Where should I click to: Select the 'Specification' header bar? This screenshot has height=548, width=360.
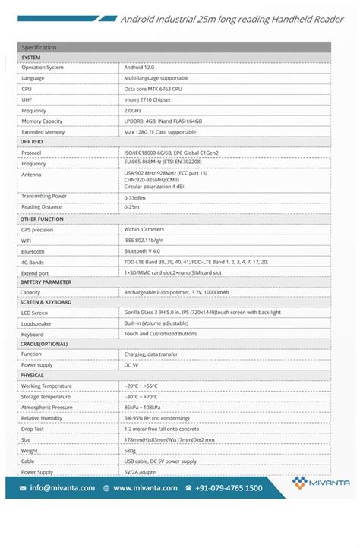174,47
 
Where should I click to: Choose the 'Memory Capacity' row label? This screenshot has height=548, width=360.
42,121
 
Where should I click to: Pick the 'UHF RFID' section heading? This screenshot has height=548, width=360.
32,142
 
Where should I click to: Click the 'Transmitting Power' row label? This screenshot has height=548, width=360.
44,196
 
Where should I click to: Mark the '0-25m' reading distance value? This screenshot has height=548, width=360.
131,207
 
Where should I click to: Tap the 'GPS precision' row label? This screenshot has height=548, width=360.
37,229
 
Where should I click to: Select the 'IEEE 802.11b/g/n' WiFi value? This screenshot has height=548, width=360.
148,240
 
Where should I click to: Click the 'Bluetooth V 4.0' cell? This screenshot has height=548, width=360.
142,251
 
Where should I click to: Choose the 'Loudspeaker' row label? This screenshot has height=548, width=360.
37,323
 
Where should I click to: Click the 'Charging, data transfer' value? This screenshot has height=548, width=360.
152,354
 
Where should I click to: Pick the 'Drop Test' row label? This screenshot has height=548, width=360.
34,429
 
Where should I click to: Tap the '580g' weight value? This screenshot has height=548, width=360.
131,450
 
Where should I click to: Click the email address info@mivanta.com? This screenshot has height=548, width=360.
62,488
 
